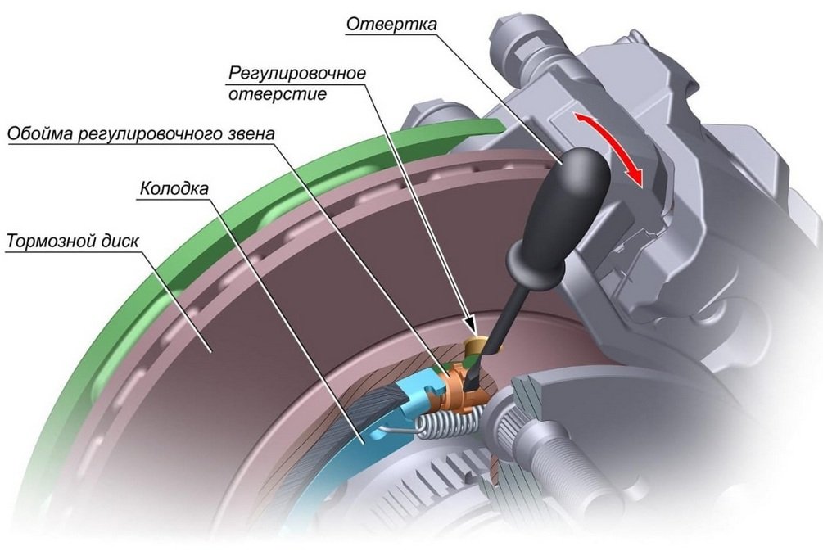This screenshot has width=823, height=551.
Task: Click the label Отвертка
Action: tap(391, 24)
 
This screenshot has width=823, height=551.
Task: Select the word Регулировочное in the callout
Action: tap(296, 73)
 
